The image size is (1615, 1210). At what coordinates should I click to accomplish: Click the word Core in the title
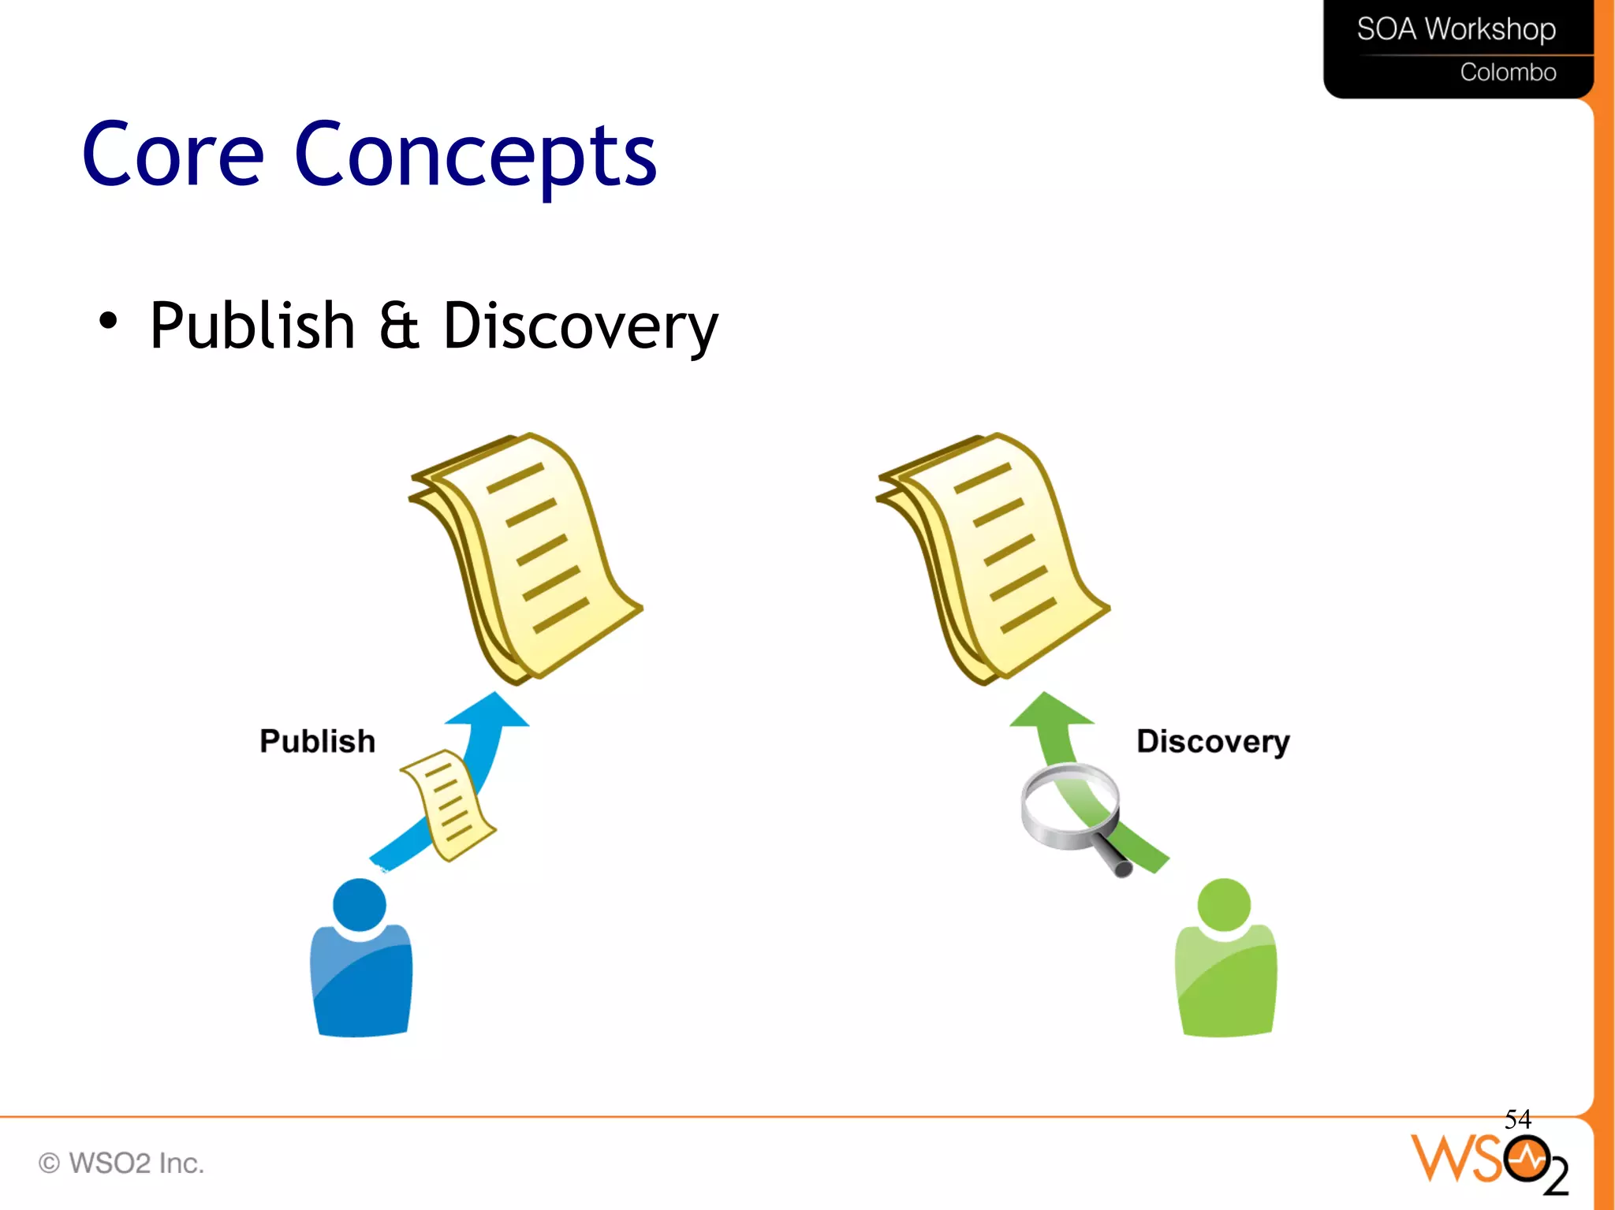173,155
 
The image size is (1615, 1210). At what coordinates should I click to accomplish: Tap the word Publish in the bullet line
252,326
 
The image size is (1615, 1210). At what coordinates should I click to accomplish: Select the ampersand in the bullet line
399,326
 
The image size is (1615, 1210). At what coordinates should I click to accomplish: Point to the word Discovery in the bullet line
580,327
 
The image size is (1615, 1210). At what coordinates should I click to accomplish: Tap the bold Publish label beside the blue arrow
317,741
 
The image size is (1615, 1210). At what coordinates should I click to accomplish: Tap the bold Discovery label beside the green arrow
1213,742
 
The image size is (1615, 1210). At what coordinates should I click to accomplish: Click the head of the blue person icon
360,905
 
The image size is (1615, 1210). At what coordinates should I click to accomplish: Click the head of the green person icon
1224,905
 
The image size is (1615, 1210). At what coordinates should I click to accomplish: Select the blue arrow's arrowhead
490,711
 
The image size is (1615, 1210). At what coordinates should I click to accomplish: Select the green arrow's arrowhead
1051,710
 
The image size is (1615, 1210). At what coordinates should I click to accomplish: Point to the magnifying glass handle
1114,859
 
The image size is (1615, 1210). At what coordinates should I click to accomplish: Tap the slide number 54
1517,1119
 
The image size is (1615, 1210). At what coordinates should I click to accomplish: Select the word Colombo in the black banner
1508,73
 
